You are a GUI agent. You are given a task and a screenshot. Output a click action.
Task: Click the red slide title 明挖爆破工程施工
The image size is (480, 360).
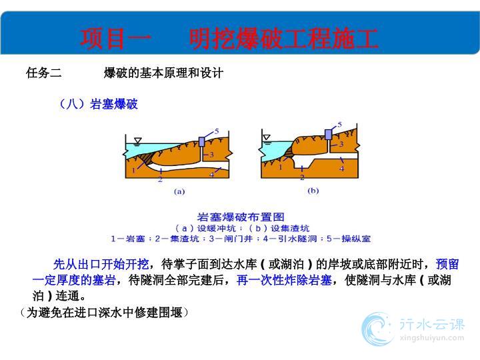coord(283,39)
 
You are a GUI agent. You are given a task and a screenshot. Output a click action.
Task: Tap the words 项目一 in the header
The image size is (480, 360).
coord(116,39)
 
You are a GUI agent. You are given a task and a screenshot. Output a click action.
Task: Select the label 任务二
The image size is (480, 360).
coord(44,73)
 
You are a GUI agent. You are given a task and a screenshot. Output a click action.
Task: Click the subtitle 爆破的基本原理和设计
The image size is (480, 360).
coord(163,73)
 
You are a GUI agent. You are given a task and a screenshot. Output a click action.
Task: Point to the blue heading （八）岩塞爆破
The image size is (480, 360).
coord(98,104)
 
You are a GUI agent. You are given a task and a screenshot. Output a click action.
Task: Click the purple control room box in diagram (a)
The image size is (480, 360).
coord(202,141)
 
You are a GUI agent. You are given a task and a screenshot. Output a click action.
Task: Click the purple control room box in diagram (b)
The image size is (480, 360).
coord(328,135)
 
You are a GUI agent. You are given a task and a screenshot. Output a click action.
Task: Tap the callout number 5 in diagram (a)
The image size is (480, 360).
coord(217,131)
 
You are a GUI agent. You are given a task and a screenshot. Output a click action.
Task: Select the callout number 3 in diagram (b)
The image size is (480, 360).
coord(341,144)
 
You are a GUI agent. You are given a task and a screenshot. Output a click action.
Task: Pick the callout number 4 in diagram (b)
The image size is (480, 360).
coord(341,169)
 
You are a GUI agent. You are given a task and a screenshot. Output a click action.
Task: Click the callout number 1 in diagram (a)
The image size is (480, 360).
coord(133,170)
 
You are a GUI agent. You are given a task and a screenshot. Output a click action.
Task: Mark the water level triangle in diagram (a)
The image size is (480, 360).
coord(138,141)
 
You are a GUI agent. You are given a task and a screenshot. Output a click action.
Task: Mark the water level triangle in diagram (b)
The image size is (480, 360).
coord(267,137)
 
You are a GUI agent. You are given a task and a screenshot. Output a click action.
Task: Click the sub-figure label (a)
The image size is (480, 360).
coord(179,191)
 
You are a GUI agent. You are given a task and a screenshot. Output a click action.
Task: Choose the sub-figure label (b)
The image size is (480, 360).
coord(313,191)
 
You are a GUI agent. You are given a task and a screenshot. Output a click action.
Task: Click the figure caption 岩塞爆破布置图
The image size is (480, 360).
coord(241,217)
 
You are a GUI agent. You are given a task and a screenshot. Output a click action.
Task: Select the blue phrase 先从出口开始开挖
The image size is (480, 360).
coord(101,264)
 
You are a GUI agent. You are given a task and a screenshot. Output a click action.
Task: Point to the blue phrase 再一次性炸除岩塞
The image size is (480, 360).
coord(285,280)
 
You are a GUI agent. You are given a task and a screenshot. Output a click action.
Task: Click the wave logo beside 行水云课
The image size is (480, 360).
coord(377,329)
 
